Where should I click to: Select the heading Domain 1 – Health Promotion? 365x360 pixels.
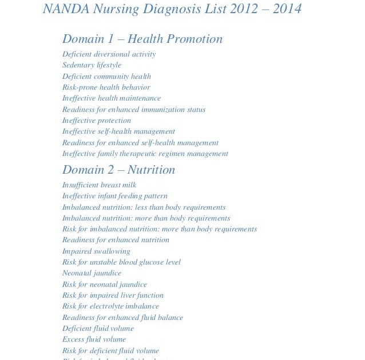click(142, 39)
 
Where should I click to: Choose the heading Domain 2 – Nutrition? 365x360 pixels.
click(118, 170)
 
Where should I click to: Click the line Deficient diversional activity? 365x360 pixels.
click(109, 54)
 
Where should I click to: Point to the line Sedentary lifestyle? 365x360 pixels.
click(92, 65)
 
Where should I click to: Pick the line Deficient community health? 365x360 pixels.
click(106, 77)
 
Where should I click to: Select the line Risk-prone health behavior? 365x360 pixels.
click(106, 87)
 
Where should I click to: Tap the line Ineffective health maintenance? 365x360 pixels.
click(112, 98)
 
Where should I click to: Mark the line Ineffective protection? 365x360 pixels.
click(97, 121)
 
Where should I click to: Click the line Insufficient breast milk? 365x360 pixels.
click(99, 185)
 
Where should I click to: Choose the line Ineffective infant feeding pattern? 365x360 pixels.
click(114, 196)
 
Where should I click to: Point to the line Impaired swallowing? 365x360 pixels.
click(96, 251)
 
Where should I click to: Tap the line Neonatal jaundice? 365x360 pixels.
click(92, 273)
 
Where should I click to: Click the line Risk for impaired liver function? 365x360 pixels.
click(113, 295)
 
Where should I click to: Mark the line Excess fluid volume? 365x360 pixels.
click(94, 339)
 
